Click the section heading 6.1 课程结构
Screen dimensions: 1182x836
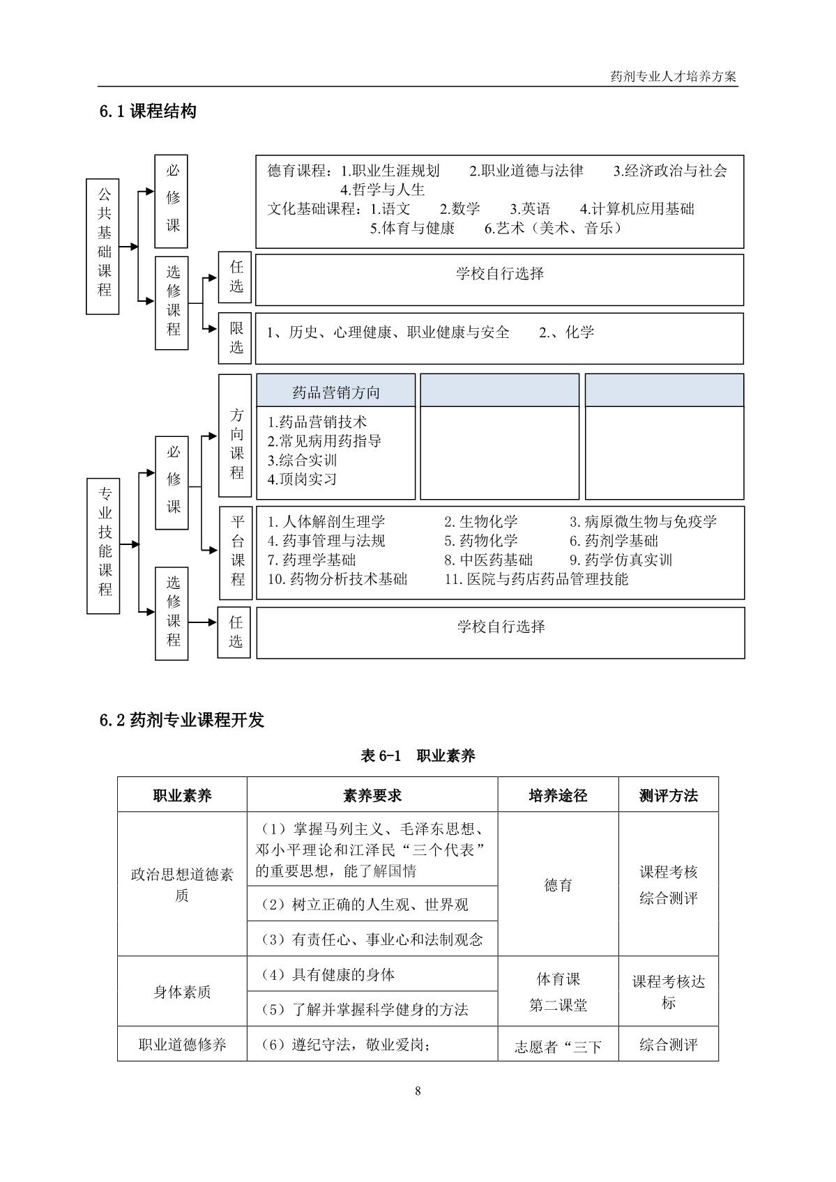[148, 112]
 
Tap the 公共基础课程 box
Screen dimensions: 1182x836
[103, 245]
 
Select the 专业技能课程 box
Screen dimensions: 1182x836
[103, 546]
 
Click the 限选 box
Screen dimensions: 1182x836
[235, 339]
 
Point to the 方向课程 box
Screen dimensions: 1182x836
[236, 436]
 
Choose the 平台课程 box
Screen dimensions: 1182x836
[237, 553]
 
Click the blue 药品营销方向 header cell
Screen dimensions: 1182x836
[336, 392]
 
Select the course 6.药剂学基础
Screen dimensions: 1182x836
[614, 541]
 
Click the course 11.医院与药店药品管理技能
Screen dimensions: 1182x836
[536, 579]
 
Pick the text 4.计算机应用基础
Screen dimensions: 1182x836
[637, 209]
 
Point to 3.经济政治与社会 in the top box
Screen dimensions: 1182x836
[670, 171]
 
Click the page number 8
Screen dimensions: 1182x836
[418, 1091]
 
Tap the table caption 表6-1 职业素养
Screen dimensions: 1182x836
[418, 756]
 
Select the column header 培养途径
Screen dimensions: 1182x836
[558, 795]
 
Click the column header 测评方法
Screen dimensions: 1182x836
[668, 795]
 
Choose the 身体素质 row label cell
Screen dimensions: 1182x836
[182, 992]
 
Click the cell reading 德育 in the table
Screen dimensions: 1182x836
[558, 885]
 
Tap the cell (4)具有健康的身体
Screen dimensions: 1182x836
[328, 974]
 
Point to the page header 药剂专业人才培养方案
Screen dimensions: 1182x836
[673, 77]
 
